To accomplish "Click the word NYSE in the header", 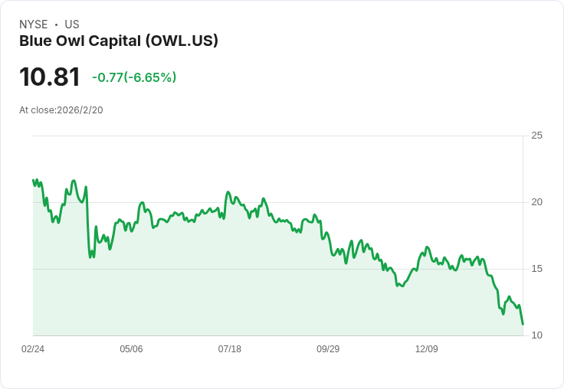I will pyautogui.click(x=34, y=25).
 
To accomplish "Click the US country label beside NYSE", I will pyautogui.click(x=72, y=25).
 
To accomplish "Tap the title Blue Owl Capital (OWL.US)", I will pyautogui.click(x=119, y=41).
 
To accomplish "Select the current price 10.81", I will pyautogui.click(x=50, y=77).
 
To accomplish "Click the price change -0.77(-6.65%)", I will pyautogui.click(x=134, y=77).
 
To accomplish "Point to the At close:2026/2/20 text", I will pyautogui.click(x=61, y=110).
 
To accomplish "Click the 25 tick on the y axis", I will pyautogui.click(x=537, y=136).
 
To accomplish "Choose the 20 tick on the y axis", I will pyautogui.click(x=537, y=202).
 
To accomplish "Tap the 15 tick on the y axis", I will pyautogui.click(x=537, y=269).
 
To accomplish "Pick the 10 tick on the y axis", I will pyautogui.click(x=537, y=335).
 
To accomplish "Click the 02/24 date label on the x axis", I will pyautogui.click(x=33, y=349).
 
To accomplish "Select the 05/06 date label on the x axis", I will pyautogui.click(x=131, y=349).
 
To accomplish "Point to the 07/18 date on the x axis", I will pyautogui.click(x=230, y=349).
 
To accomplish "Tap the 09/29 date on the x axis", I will pyautogui.click(x=328, y=349).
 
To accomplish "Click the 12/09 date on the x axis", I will pyautogui.click(x=427, y=349).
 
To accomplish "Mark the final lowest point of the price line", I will pyautogui.click(x=523, y=324).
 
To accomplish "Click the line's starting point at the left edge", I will pyautogui.click(x=33, y=180).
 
